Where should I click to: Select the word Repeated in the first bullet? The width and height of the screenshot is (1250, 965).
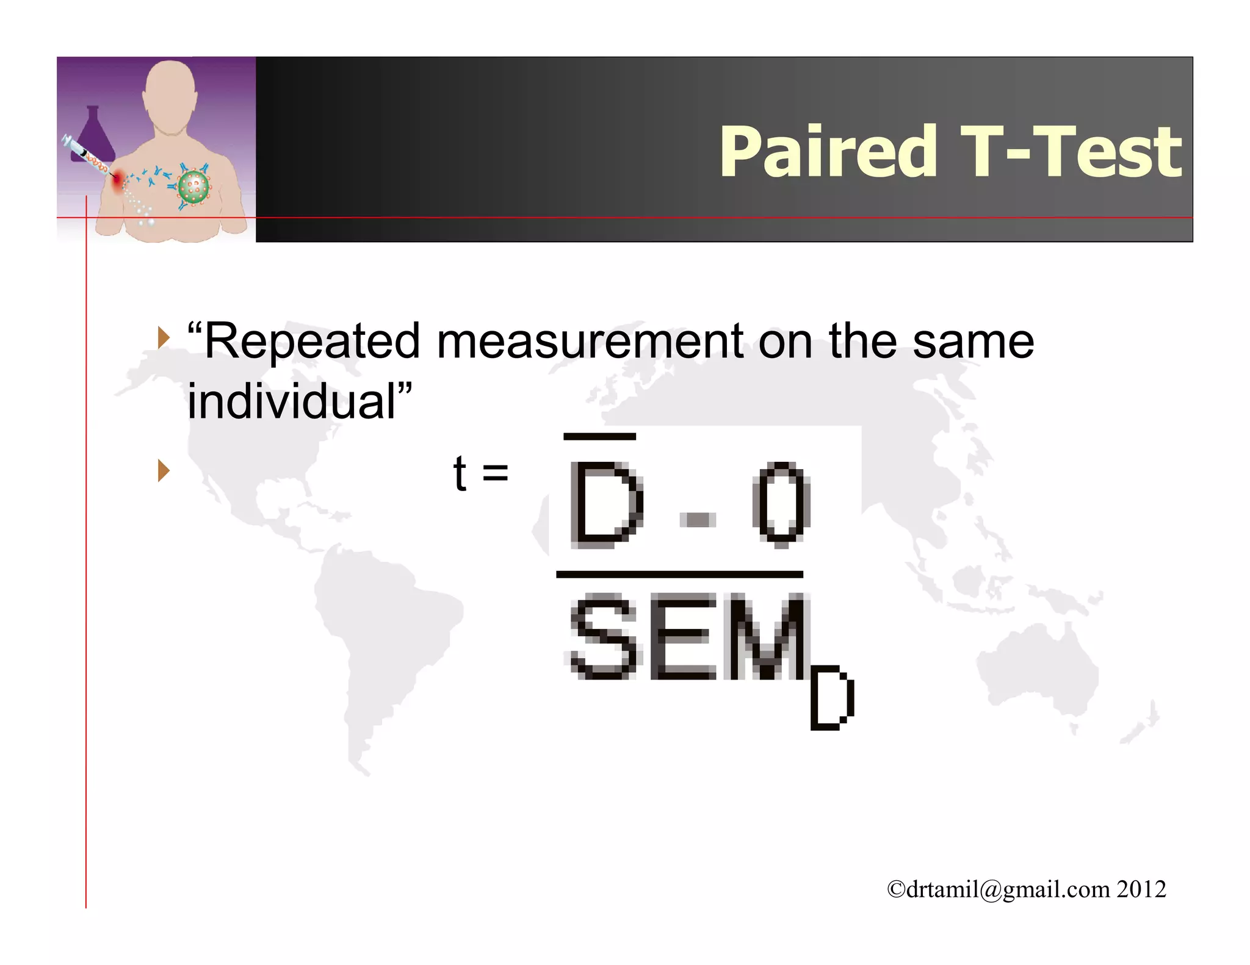click(x=312, y=342)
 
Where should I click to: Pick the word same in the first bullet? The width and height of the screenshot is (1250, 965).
click(x=973, y=342)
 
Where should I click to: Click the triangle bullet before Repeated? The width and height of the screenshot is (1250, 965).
click(x=163, y=337)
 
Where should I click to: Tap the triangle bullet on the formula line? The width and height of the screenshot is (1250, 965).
click(x=163, y=470)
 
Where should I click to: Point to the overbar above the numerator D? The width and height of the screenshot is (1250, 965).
click(x=599, y=436)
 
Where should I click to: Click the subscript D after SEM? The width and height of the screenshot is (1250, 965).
click(x=831, y=698)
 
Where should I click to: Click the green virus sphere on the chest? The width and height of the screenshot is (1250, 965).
click(x=193, y=187)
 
